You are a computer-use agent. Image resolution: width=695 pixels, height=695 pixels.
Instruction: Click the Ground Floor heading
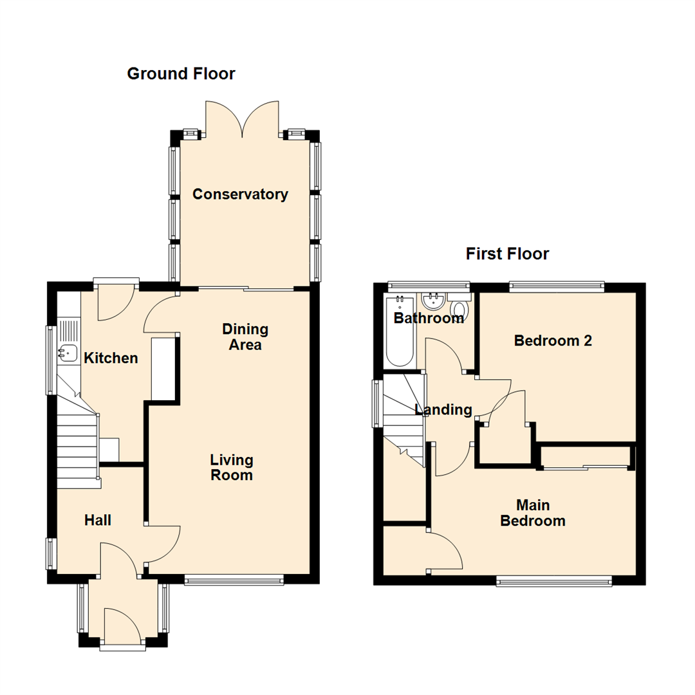181,74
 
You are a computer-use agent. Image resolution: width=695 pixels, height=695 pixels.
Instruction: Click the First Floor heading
507,254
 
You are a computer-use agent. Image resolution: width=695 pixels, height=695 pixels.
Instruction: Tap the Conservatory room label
240,194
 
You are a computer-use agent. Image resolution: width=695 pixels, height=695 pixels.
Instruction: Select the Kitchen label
111,358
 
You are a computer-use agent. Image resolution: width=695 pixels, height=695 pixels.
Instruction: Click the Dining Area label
245,337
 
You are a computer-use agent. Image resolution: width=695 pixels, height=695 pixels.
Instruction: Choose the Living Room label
232,468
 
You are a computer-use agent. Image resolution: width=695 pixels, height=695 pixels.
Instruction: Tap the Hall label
98,520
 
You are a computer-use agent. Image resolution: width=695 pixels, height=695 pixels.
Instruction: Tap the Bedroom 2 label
553,341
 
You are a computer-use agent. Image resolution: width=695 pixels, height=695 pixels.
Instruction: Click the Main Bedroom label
533,513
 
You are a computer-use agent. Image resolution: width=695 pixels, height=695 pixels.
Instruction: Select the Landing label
443,410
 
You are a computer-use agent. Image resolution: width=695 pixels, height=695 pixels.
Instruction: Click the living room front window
234,580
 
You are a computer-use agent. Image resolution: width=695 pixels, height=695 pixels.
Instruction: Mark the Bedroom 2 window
557,284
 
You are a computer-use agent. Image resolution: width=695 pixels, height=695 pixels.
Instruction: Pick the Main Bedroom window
554,582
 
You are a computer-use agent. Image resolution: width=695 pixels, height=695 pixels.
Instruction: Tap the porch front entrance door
121,627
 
